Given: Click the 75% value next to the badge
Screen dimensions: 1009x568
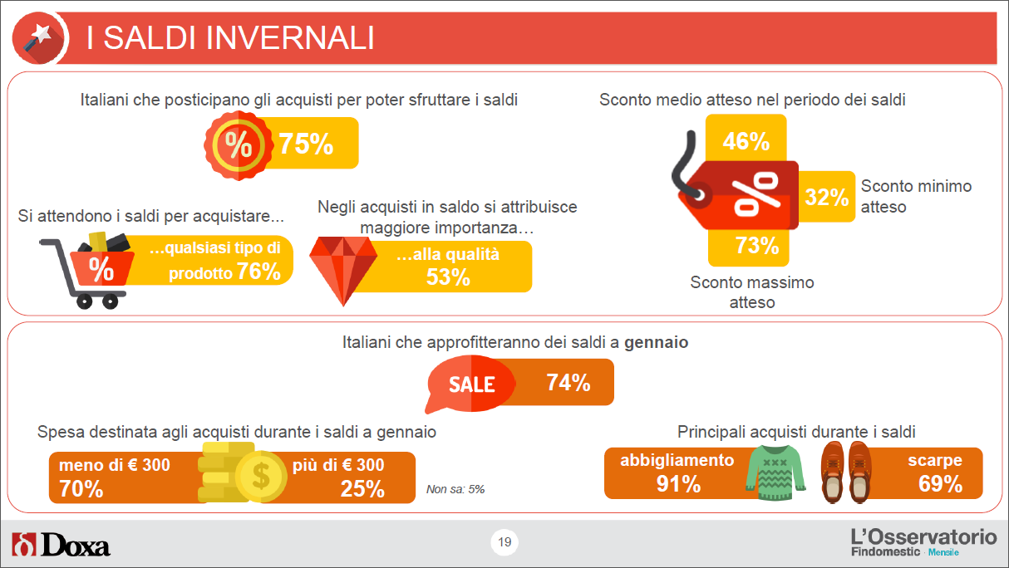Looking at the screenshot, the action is click(306, 144).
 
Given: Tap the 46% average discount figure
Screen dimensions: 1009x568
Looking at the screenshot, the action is click(746, 141).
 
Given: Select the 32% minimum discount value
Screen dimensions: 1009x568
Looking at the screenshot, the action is click(827, 197).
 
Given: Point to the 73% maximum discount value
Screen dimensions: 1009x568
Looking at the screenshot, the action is click(756, 245).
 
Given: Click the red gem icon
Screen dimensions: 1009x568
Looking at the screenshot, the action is click(343, 270).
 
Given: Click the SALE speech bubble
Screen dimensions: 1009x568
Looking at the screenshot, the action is click(470, 384).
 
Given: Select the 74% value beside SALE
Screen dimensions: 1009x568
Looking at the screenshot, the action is click(568, 383).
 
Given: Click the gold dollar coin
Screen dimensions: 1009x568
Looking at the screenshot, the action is click(261, 476).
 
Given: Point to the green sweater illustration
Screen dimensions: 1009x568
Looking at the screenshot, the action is click(775, 473).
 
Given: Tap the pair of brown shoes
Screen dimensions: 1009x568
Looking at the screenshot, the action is click(846, 473).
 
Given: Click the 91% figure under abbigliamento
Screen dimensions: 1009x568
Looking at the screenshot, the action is click(678, 484).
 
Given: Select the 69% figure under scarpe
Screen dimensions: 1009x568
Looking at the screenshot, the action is click(940, 484).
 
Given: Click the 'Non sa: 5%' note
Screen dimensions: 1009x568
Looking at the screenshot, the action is click(455, 489).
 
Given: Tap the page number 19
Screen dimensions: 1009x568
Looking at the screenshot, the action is click(504, 542).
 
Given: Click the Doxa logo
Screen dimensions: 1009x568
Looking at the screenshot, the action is click(61, 545).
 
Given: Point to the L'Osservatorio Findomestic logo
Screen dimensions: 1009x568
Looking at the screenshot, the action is click(923, 542).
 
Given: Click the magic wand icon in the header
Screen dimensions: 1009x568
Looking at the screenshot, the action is click(39, 37).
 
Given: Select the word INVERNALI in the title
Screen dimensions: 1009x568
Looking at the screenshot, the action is click(290, 37).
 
